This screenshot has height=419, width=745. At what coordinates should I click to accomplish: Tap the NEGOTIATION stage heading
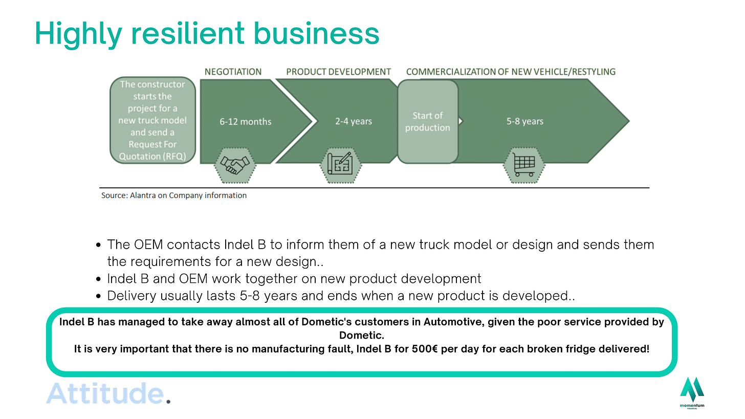click(233, 72)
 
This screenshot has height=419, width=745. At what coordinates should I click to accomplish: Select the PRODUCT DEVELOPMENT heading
click(339, 72)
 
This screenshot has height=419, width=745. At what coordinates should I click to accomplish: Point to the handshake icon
click(235, 165)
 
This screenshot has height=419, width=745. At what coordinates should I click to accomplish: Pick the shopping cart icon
click(524, 165)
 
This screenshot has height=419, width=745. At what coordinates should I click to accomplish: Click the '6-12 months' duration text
click(246, 122)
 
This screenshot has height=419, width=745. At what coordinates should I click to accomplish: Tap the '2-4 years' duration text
click(354, 121)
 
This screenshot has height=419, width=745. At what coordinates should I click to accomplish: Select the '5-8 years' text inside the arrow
click(525, 121)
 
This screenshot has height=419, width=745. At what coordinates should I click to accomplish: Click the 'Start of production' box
click(428, 121)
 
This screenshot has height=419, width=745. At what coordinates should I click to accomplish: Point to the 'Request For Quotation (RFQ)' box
click(152, 120)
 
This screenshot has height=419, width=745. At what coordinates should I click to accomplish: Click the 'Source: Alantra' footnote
click(174, 195)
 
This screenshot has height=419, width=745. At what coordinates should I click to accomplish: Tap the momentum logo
click(692, 392)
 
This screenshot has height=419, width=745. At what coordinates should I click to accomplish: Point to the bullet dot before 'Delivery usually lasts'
click(98, 296)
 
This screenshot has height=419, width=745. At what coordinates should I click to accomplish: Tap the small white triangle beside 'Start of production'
click(461, 121)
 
